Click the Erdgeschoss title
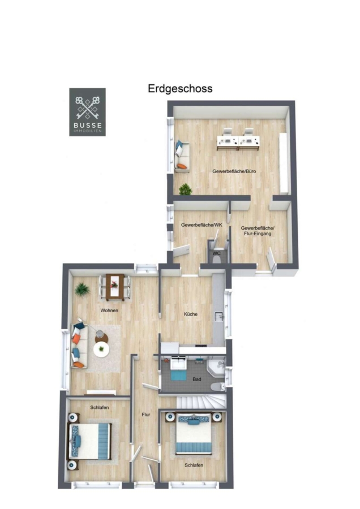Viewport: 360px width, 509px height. click(x=180, y=89)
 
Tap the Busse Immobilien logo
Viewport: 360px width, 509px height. click(x=87, y=112)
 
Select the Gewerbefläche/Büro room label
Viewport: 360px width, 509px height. click(x=234, y=171)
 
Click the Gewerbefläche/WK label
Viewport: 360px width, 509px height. click(x=202, y=225)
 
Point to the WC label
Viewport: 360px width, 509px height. click(x=217, y=253)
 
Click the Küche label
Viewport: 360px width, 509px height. click(x=191, y=314)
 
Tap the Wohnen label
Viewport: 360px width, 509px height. click(x=109, y=310)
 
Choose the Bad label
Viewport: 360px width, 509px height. click(x=197, y=379)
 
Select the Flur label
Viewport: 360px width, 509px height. click(x=146, y=415)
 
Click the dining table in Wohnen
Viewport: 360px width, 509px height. click(x=115, y=287)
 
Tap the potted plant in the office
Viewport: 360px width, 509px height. click(x=185, y=189)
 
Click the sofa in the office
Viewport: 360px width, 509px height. click(x=182, y=156)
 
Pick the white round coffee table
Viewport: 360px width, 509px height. click(x=101, y=350)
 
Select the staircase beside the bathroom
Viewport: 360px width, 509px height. click(x=202, y=402)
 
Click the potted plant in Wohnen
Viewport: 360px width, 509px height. click(x=82, y=289)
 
